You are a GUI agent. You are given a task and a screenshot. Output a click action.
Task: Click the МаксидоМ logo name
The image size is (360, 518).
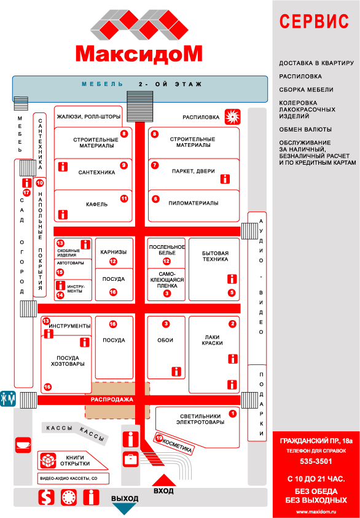[139, 53]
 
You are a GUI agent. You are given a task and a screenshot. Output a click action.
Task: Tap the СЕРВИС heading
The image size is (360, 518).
[314, 22]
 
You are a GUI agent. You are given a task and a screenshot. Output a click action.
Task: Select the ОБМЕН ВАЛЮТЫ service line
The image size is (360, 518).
[305, 130]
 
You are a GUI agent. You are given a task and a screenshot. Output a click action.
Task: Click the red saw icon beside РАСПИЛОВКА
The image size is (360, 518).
[232, 116]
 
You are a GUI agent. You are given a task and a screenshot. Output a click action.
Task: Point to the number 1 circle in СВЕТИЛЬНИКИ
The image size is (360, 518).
[232, 414]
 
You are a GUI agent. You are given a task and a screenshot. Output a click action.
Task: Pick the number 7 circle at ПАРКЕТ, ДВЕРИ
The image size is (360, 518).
[155, 165]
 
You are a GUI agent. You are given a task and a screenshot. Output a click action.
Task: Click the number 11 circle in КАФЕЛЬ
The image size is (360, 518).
[123, 198]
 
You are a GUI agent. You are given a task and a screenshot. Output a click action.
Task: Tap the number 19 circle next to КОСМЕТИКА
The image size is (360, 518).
[159, 438]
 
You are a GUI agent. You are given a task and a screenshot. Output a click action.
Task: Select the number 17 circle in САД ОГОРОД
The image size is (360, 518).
[26, 193]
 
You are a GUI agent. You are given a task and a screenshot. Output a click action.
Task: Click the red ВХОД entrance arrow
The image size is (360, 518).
[163, 479]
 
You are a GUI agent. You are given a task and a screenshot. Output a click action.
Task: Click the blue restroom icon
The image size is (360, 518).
[7, 398]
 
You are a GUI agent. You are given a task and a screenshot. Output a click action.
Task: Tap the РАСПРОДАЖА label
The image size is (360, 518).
[108, 399]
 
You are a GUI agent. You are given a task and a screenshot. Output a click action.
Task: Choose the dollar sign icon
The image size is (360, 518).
[45, 496]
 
